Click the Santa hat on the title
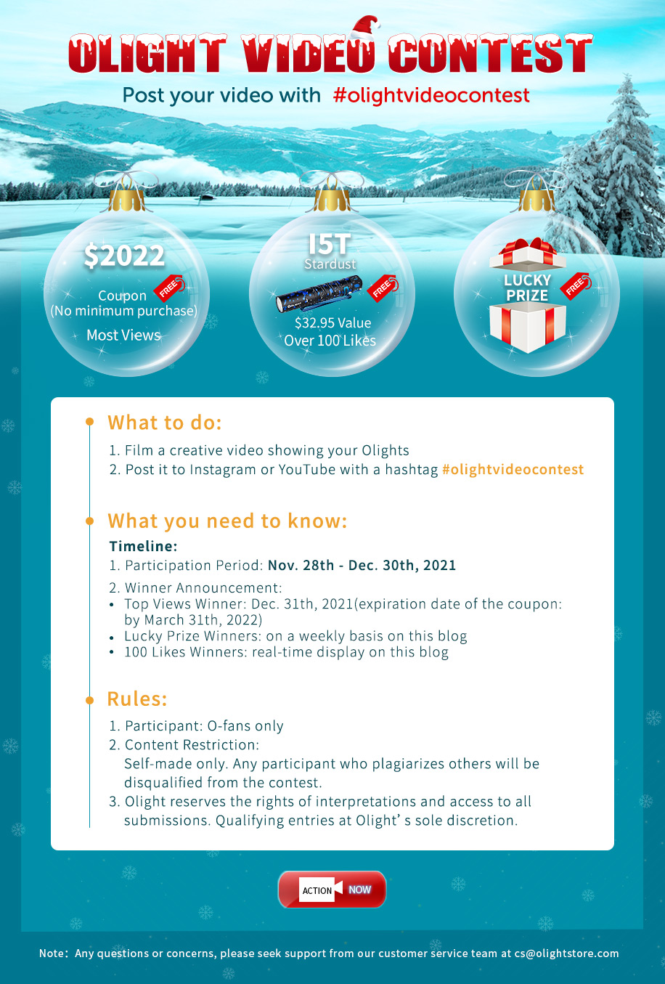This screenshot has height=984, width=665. [366, 31]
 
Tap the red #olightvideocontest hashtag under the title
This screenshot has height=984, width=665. [431, 96]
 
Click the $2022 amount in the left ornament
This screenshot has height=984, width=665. [124, 256]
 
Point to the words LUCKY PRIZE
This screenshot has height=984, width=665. [527, 288]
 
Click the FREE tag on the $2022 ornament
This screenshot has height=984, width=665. [170, 288]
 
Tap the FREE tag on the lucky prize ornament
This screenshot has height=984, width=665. [576, 286]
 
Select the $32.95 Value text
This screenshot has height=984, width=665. [332, 323]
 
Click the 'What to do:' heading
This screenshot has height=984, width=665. [165, 423]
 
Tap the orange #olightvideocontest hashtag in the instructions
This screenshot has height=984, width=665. [513, 470]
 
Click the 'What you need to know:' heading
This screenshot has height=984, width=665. [227, 521]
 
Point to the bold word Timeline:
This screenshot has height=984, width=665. [143, 546]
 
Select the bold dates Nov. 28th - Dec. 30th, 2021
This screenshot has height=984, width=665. [362, 566]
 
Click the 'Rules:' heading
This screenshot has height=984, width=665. [137, 699]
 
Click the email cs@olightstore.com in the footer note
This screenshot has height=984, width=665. [566, 953]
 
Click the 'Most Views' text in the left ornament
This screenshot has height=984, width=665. [123, 336]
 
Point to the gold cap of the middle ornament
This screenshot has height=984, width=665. [332, 200]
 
